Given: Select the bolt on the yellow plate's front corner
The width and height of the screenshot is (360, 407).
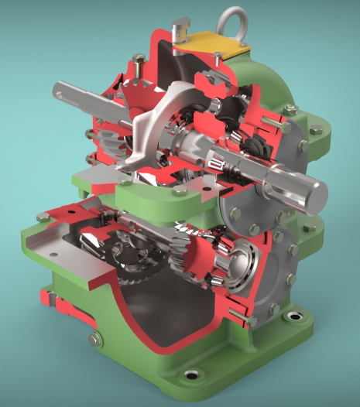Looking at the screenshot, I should pos(219,55).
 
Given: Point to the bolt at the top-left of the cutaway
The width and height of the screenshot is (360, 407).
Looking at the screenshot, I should pos(139,58).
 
